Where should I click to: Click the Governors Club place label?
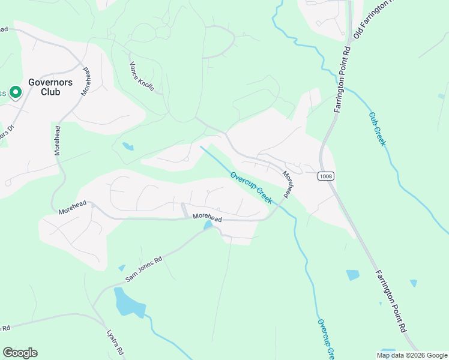point(50,88)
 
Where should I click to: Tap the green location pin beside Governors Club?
point(16,92)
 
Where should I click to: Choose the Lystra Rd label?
point(115,341)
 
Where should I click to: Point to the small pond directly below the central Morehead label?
point(208,226)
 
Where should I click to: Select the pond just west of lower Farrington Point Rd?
point(353,275)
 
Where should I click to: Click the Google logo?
point(20,353)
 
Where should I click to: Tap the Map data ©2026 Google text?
point(412,355)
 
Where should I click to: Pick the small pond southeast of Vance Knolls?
point(128,146)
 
